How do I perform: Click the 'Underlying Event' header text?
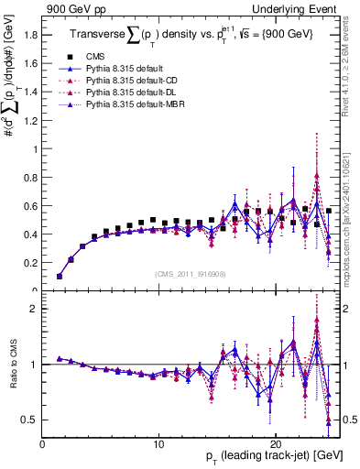tap(300, 8)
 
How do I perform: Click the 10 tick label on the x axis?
tap(159, 442)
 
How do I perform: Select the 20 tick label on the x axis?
tap(276, 442)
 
